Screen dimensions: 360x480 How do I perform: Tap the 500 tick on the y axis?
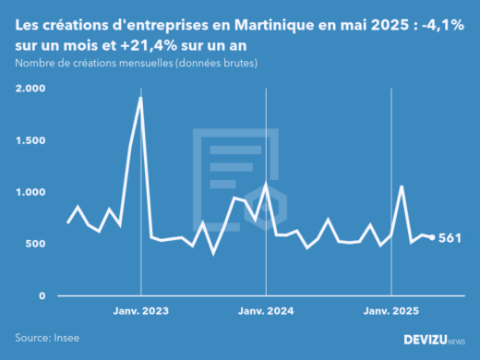point(34,244)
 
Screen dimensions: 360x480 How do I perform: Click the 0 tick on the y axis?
point(41,295)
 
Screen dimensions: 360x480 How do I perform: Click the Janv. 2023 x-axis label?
point(140,312)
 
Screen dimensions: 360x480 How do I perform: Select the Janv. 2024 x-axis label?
point(266,312)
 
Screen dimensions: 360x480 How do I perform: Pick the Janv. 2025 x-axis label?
point(391,312)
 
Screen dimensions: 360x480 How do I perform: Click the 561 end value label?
point(450,237)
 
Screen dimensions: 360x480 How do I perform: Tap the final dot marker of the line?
point(432,237)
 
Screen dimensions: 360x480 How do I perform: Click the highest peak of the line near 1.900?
point(140,97)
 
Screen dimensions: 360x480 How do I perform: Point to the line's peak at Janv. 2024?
point(266,184)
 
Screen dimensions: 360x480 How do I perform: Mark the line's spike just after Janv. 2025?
point(402,186)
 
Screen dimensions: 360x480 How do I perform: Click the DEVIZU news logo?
point(435,339)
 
